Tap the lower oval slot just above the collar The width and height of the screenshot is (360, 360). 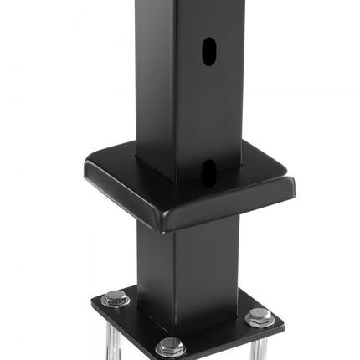coord(206,171)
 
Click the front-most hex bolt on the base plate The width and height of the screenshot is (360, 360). coord(170,346)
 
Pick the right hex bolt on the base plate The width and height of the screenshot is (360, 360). coord(260,317)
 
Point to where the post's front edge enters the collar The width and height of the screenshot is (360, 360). coord(177,182)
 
